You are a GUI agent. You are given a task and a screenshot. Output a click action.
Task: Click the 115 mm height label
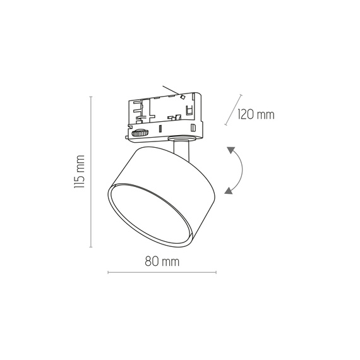point(79,172)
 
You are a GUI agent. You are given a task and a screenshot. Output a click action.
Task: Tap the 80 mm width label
point(162,261)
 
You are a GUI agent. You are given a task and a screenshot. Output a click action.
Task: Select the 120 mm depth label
point(257,114)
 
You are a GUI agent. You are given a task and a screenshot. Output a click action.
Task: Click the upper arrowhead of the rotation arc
point(232,151)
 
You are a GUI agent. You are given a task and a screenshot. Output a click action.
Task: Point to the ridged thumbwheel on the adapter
point(140,133)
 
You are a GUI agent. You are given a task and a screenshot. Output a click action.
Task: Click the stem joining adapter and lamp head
point(181,150)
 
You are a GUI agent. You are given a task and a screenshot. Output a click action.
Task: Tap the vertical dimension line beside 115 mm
point(92,172)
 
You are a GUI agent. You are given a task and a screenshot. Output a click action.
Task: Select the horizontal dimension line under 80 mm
point(162,273)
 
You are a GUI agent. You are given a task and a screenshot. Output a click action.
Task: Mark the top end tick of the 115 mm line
point(92,96)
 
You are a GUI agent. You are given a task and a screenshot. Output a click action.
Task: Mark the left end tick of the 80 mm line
point(108,273)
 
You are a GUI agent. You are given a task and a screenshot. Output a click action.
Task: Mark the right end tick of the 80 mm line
point(216,273)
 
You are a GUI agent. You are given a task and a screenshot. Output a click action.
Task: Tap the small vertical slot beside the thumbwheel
point(160,129)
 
